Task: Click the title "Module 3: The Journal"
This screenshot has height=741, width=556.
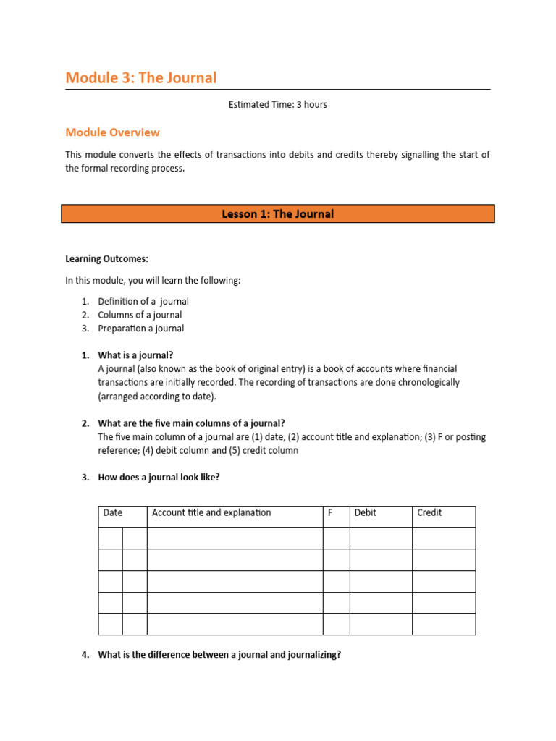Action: pyautogui.click(x=140, y=77)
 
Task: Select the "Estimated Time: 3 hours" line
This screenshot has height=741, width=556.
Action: pyautogui.click(x=277, y=105)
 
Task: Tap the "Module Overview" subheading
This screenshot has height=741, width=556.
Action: pyautogui.click(x=112, y=132)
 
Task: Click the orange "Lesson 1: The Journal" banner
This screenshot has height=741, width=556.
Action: pyautogui.click(x=277, y=214)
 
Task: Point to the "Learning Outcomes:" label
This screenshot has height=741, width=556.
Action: pyautogui.click(x=106, y=258)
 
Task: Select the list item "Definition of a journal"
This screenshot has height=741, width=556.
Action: pyautogui.click(x=143, y=301)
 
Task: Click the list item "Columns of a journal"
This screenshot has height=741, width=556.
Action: pyautogui.click(x=140, y=315)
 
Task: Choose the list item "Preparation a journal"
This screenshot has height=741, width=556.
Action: pyautogui.click(x=141, y=329)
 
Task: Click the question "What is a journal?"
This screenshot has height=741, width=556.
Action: pyautogui.click(x=135, y=355)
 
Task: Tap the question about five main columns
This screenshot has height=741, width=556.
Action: pyautogui.click(x=191, y=423)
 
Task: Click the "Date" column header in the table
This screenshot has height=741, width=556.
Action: pyautogui.click(x=113, y=513)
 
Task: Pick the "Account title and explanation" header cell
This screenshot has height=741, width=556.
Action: pyautogui.click(x=211, y=513)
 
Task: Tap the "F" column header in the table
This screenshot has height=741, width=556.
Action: pyautogui.click(x=331, y=513)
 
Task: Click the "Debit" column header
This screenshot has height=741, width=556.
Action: pyautogui.click(x=366, y=513)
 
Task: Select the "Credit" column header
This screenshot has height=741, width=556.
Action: pyautogui.click(x=429, y=513)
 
